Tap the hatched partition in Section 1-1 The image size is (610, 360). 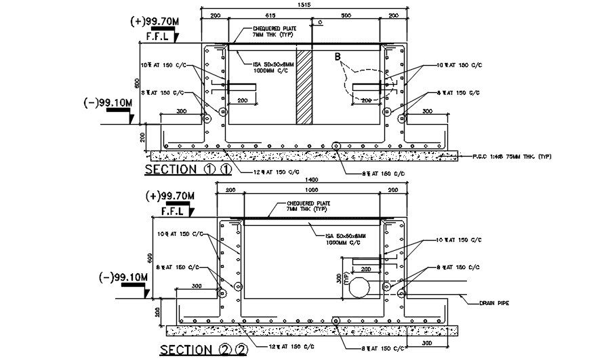(x=304, y=86)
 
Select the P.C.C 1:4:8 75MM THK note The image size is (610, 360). (x=512, y=157)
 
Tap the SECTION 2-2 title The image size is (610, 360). (x=203, y=350)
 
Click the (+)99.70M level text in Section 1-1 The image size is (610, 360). (x=155, y=21)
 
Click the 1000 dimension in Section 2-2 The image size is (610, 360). (x=312, y=191)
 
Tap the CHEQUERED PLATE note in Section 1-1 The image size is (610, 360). (x=270, y=30)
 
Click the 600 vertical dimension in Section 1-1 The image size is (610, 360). (x=136, y=82)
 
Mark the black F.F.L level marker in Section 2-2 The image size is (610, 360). (x=174, y=211)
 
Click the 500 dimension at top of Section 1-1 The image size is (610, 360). (x=346, y=14)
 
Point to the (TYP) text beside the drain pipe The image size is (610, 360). (x=346, y=278)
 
